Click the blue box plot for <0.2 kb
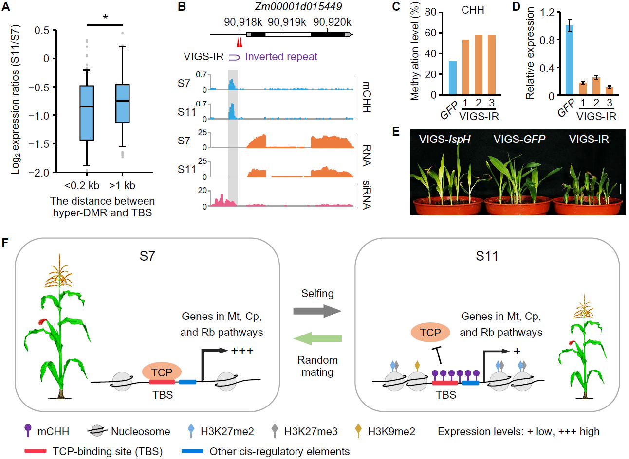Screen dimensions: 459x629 [x=87, y=113]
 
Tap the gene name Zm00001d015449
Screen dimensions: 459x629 [x=298, y=7]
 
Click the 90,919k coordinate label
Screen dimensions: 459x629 [x=287, y=22]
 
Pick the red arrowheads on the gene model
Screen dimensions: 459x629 [x=239, y=43]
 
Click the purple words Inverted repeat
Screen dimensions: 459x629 [x=281, y=57]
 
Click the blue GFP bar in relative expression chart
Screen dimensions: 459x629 [x=569, y=60]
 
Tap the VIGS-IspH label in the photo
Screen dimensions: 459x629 [x=444, y=140]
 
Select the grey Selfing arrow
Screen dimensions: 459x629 [x=317, y=311]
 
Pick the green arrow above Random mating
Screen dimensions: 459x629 [x=317, y=339]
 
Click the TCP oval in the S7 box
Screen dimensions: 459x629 [x=162, y=372]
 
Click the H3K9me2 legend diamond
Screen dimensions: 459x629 [x=358, y=431]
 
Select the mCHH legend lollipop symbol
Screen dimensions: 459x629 [x=28, y=430]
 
